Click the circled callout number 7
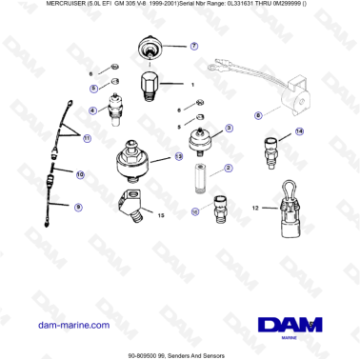tap(194, 45)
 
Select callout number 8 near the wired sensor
tap(257, 116)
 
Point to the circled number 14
tap(299, 131)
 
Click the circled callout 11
tap(87, 139)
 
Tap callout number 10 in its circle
tap(80, 175)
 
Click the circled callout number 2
tap(228, 167)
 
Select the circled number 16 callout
tap(195, 212)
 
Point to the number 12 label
tap(255, 207)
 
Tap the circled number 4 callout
tap(93, 110)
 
